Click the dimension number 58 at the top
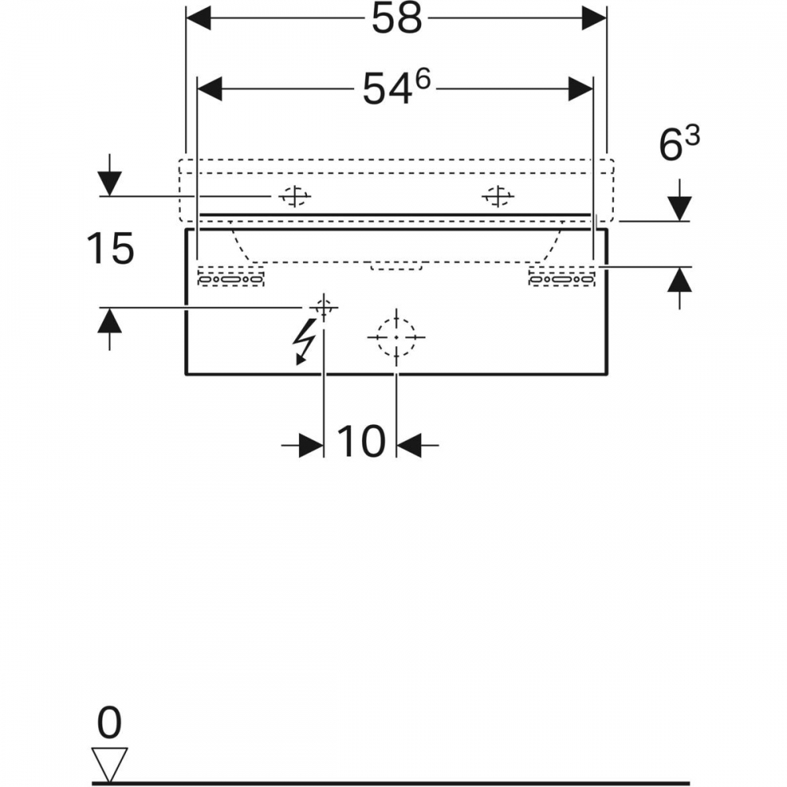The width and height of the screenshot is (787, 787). pyautogui.click(x=397, y=20)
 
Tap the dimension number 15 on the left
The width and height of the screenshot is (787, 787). pyautogui.click(x=110, y=248)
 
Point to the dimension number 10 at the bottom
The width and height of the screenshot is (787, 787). pyautogui.click(x=361, y=442)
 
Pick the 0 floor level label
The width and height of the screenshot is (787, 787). pyautogui.click(x=109, y=722)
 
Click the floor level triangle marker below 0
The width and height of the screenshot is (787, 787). pyautogui.click(x=109, y=763)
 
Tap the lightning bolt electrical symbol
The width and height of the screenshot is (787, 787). pyautogui.click(x=304, y=342)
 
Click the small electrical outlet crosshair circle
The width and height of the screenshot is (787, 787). pyautogui.click(x=323, y=307)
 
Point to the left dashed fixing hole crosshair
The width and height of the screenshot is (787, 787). pyautogui.click(x=294, y=196)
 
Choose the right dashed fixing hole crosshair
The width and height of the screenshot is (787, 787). pyautogui.click(x=498, y=196)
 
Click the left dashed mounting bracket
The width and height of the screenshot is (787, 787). pyautogui.click(x=231, y=276)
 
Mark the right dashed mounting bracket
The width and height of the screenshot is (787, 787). pyautogui.click(x=562, y=276)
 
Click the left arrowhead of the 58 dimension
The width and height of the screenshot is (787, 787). pyautogui.click(x=198, y=19)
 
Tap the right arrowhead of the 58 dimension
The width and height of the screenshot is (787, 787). pyautogui.click(x=594, y=19)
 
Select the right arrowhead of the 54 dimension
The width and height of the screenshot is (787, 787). pyautogui.click(x=581, y=89)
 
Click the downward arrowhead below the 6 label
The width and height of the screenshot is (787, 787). pyautogui.click(x=680, y=209)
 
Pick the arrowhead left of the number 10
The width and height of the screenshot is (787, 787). pyautogui.click(x=311, y=445)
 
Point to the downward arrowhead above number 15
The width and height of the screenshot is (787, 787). pyautogui.click(x=110, y=183)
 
